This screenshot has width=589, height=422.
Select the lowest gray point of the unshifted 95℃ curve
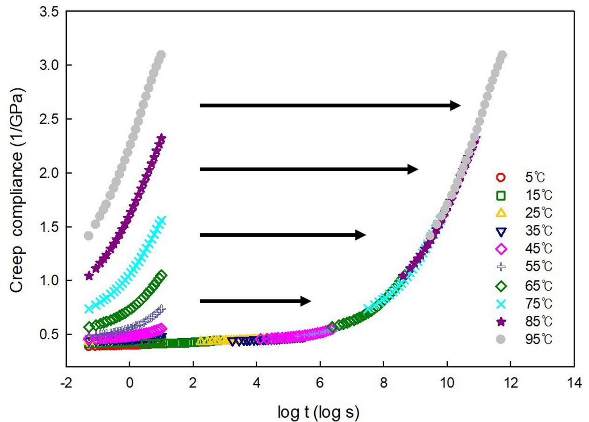coord(88,235)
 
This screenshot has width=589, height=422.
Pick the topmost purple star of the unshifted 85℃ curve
coord(162,138)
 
